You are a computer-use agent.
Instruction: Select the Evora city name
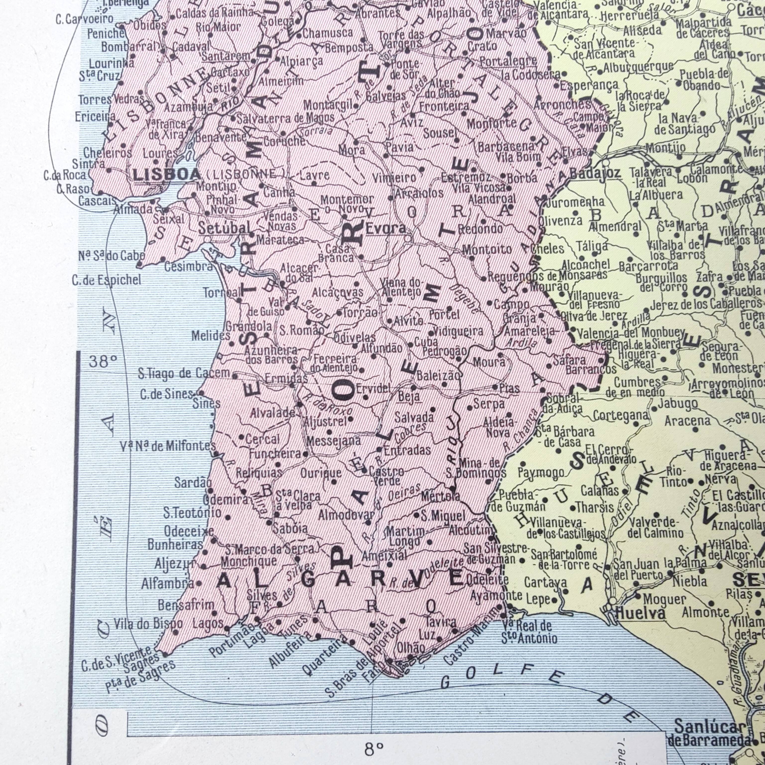point(386,228)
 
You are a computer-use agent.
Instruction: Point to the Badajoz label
point(595,173)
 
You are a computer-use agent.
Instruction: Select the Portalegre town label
point(508,61)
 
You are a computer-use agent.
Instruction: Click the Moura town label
point(489,362)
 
